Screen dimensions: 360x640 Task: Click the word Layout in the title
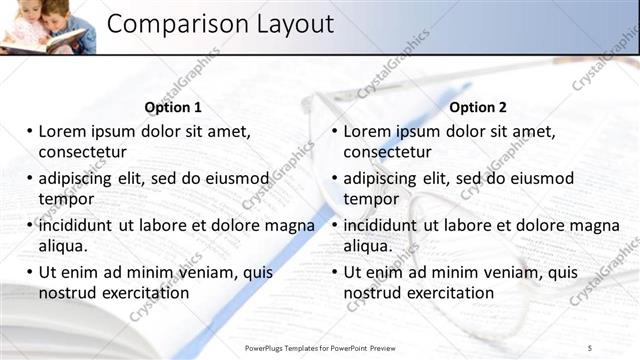click(291, 24)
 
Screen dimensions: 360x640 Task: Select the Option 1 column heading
click(173, 107)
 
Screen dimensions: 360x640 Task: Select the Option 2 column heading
click(478, 107)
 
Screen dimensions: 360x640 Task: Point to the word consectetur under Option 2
click(388, 152)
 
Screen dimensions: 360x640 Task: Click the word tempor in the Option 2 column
click(372, 198)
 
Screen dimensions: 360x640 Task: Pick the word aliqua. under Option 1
click(63, 245)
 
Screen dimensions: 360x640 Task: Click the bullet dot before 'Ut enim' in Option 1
click(30, 271)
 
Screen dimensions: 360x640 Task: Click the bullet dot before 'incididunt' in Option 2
click(336, 225)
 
